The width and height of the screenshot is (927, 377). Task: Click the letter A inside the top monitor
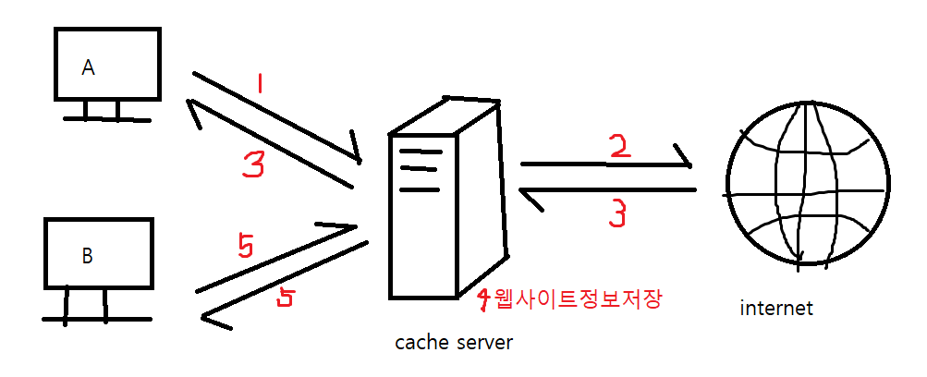[89, 67]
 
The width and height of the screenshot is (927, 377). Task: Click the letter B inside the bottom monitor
[87, 256]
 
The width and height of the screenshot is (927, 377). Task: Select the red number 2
[620, 146]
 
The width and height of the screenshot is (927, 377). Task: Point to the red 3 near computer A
[253, 165]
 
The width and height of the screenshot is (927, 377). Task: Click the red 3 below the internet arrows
[618, 213]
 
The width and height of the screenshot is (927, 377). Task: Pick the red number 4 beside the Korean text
[483, 298]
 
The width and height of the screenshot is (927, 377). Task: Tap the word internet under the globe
[776, 309]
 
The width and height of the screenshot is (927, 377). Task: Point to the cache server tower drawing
[447, 198]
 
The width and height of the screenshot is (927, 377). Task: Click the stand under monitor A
[103, 112]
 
